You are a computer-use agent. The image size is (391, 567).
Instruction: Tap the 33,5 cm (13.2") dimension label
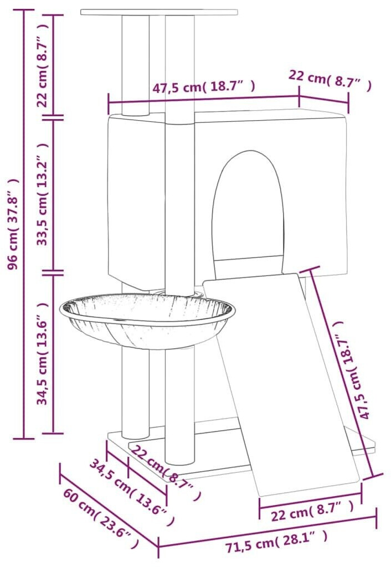[42, 194]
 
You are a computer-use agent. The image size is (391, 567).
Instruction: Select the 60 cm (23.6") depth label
[101, 517]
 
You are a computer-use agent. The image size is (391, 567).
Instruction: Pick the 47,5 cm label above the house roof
[203, 87]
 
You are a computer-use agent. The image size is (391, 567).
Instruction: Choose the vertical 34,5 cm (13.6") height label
[42, 354]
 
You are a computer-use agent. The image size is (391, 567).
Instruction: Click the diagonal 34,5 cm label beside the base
[132, 492]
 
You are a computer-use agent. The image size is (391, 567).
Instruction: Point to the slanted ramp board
[282, 383]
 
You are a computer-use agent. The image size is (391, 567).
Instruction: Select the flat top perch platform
[159, 12]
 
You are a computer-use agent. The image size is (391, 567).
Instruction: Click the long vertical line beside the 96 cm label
[24, 224]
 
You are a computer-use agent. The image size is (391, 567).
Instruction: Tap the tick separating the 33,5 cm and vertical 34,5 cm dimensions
[53, 270]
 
